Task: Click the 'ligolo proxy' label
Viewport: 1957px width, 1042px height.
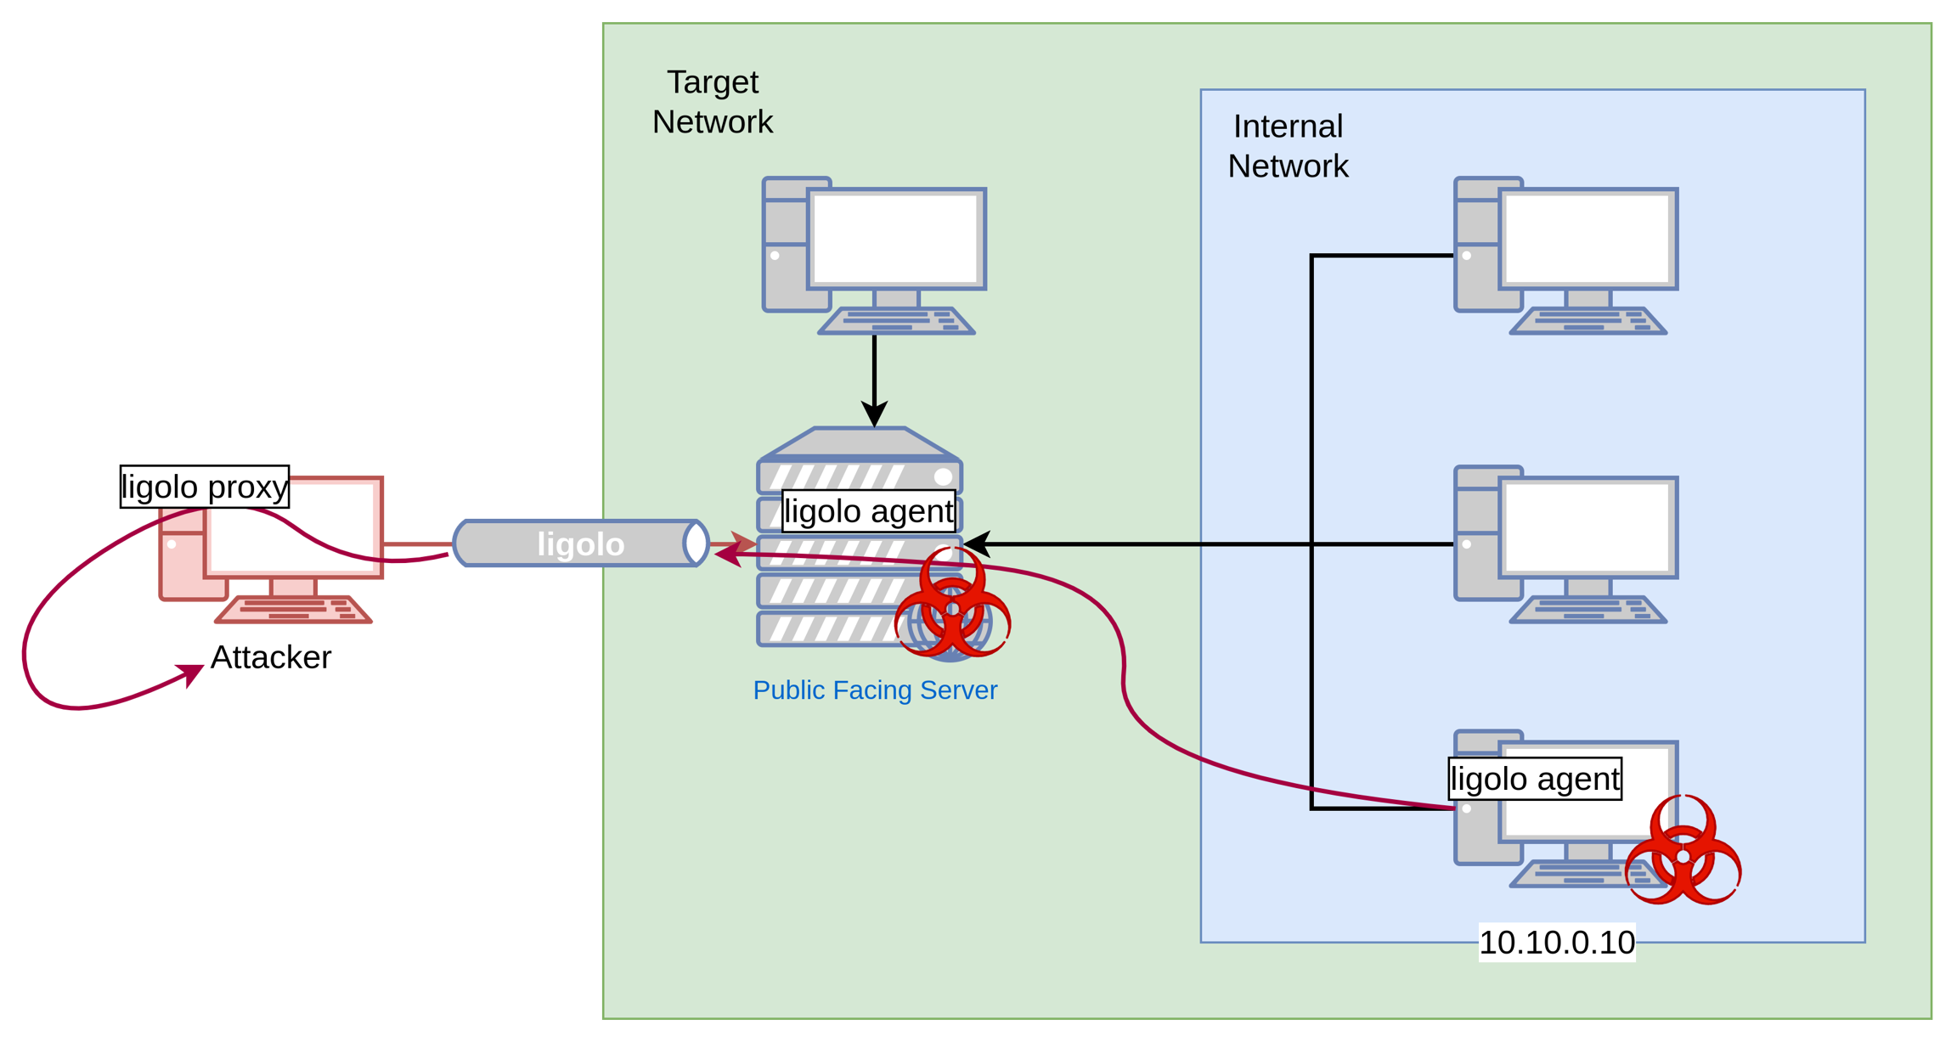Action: coord(205,487)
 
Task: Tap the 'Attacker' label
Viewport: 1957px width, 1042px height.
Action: coord(271,657)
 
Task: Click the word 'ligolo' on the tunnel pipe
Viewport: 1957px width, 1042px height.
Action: coord(580,544)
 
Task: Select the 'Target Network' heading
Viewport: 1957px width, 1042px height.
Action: coord(713,102)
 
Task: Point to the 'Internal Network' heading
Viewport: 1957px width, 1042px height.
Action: coord(1288,146)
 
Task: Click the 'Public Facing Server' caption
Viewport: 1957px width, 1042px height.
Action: coord(875,690)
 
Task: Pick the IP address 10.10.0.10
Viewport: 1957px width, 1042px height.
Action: coord(1557,943)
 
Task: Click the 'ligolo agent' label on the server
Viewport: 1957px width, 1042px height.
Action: coord(868,511)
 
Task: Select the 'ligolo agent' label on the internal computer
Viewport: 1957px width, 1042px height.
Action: coord(1535,779)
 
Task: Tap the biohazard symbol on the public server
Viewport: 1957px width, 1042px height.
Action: coord(952,605)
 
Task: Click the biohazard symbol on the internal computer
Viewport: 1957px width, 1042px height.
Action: coord(1683,851)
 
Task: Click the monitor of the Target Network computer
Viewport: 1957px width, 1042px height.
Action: coord(896,239)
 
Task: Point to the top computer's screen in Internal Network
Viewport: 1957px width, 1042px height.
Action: coord(1588,239)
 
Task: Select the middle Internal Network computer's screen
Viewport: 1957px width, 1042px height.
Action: coord(1588,527)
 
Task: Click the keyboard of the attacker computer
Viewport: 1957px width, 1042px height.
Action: coord(294,610)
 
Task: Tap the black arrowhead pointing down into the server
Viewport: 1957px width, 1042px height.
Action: coord(874,414)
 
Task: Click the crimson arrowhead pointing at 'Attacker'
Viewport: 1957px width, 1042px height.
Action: coord(192,675)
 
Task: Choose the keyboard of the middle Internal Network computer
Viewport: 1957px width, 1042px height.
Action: coord(1588,610)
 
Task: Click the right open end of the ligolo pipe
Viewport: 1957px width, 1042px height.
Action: coord(697,544)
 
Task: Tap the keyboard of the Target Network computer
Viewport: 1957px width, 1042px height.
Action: coord(896,321)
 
